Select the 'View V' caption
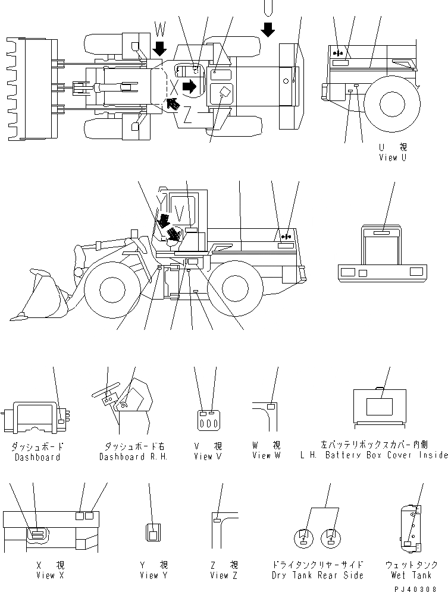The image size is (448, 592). pos(207,456)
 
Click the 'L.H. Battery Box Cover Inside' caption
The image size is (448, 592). pos(383,455)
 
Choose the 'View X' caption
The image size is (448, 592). pos(45,575)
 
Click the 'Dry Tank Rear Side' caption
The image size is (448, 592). pos(317,575)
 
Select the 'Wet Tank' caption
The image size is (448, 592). pos(419,575)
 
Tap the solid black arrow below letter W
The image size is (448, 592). pos(160,49)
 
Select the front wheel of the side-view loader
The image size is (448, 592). pos(112,289)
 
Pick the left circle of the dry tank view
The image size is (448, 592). pos(304,539)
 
